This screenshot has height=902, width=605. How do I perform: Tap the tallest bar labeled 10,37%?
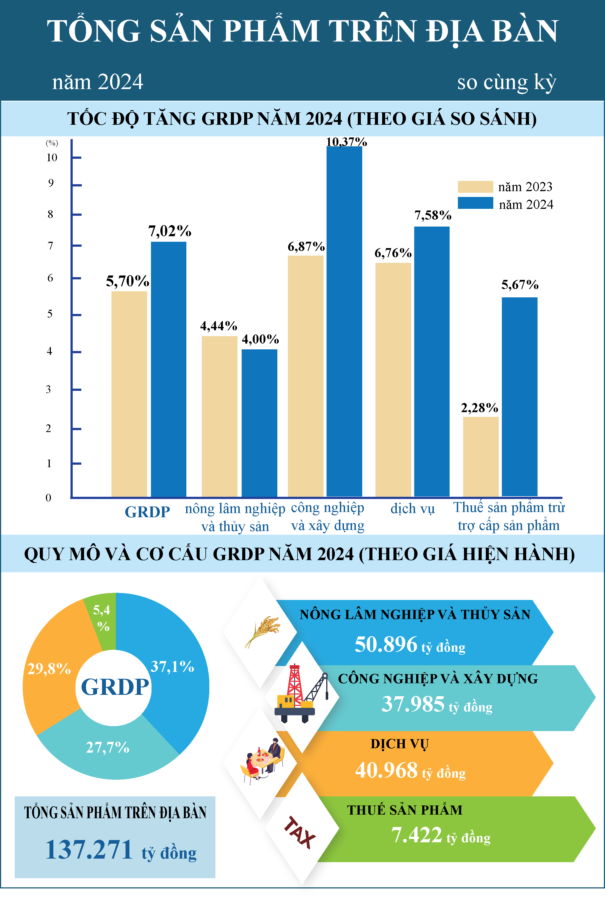coord(344,321)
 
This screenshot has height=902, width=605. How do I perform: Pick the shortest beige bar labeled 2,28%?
coord(481,457)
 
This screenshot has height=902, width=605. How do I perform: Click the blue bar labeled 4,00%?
coord(259,423)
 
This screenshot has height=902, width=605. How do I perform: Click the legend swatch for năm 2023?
coord(475,187)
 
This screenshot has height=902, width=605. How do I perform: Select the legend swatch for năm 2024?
coord(475,203)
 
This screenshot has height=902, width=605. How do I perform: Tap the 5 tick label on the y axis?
coord(50,314)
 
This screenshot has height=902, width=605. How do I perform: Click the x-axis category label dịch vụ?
coord(413,509)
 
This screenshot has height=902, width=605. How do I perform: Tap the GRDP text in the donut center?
coord(115,687)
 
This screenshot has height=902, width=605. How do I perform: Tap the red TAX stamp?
coord(300,833)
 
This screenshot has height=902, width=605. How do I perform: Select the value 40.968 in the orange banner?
coord(386,770)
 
